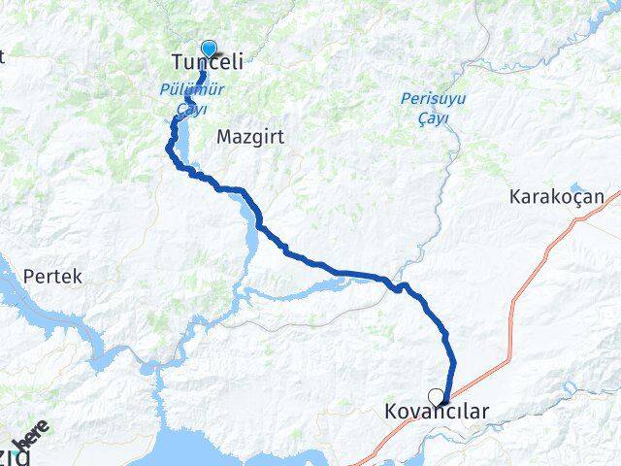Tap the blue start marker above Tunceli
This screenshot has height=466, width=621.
209,48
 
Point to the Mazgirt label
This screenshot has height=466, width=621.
250,137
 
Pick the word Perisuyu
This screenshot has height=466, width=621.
432,98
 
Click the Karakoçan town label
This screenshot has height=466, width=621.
556,197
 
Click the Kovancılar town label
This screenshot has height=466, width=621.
435,413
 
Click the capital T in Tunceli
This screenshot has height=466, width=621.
177,63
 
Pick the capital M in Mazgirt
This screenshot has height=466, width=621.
224,137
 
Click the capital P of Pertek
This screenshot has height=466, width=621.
29,276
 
